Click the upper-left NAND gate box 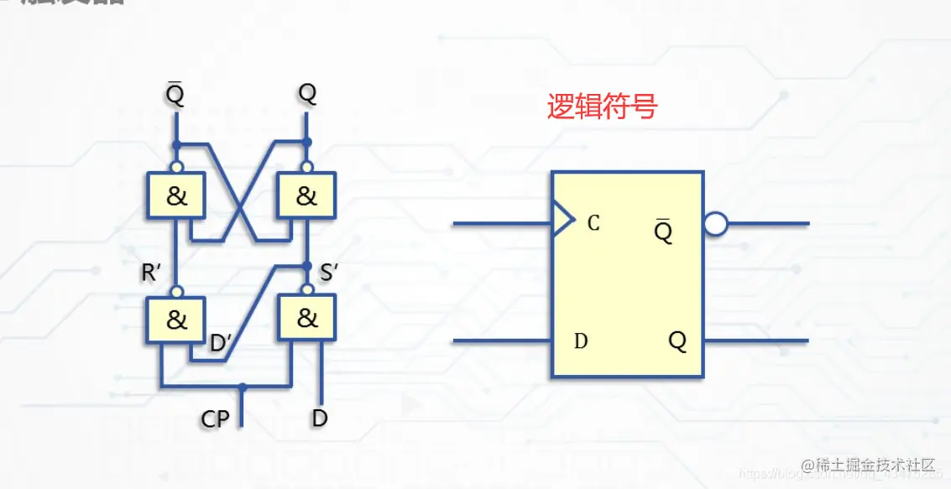tap(176, 196)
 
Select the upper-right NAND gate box tap(307, 196)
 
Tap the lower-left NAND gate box tap(176, 320)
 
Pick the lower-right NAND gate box tap(307, 319)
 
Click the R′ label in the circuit tap(152, 273)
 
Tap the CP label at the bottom tap(215, 418)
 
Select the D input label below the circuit tap(319, 417)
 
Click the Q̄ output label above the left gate tap(175, 95)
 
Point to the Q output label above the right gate tap(307, 94)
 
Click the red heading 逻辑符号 tap(602, 107)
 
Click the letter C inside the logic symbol tap(593, 223)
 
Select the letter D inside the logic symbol tap(581, 341)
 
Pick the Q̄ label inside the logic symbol tap(663, 231)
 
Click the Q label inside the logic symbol tap(677, 341)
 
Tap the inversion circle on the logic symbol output tap(715, 224)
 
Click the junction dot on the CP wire tap(242, 388)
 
